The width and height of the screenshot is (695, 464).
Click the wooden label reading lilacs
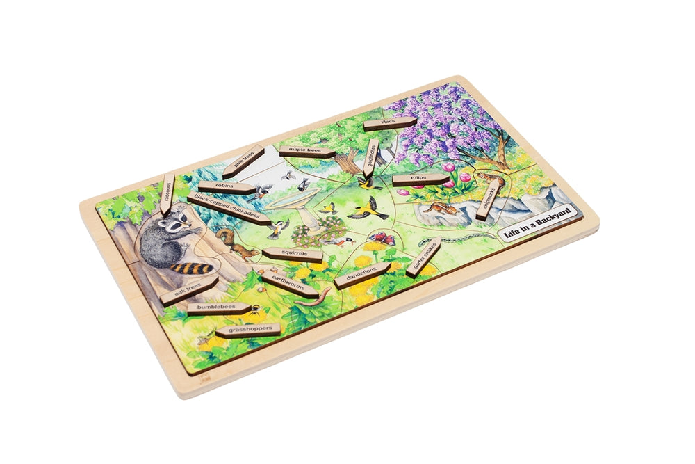(x=389, y=124)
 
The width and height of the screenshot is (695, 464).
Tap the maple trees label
(x=306, y=150)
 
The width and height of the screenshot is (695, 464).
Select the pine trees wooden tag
(x=243, y=161)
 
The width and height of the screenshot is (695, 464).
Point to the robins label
(x=226, y=187)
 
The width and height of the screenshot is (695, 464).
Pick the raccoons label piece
(x=167, y=193)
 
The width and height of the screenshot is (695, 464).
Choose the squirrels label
(x=293, y=254)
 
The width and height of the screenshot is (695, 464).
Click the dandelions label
(x=362, y=275)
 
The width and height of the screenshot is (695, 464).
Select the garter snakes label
(x=423, y=257)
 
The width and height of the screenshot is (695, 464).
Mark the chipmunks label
(x=490, y=197)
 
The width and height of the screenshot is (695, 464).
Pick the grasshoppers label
(x=247, y=330)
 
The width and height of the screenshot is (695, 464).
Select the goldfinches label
(x=370, y=159)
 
